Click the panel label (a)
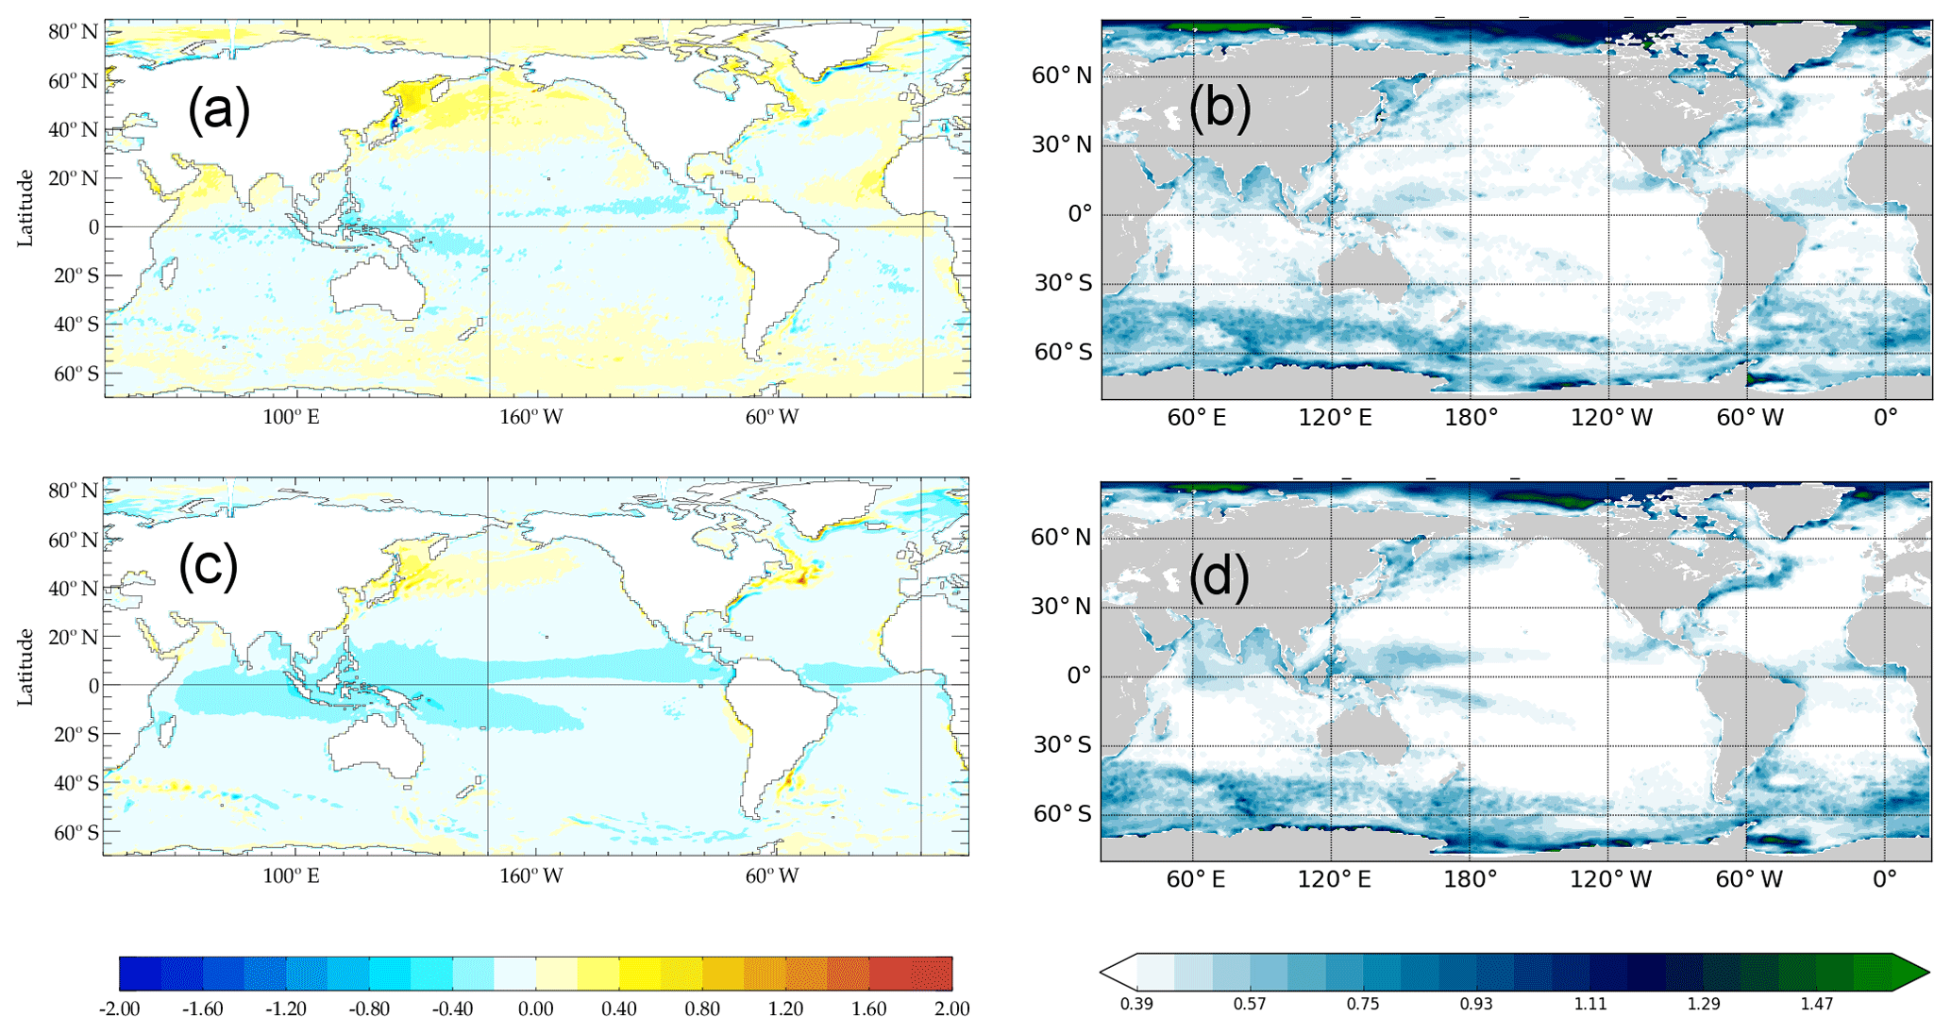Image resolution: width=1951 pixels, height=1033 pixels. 218,109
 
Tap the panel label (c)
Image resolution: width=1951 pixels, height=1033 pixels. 208,566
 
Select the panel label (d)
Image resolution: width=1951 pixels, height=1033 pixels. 1219,577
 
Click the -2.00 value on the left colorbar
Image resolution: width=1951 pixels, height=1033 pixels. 119,1009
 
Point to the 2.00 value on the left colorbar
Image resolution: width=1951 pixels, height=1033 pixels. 951,1009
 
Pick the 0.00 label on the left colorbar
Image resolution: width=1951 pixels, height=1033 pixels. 535,1009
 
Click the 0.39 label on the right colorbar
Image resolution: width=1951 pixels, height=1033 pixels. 1136,1004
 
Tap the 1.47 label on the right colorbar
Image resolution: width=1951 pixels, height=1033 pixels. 1816,1004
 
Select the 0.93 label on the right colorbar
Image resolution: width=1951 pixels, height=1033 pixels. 1476,1004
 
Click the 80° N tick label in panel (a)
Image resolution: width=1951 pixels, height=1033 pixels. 73,32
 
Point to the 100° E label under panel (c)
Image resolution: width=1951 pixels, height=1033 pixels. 291,876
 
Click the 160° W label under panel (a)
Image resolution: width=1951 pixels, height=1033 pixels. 531,417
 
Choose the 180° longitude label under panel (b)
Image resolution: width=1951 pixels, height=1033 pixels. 1471,418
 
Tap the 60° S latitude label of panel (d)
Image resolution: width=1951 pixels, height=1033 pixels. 1063,814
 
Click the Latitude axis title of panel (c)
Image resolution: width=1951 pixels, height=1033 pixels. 25,667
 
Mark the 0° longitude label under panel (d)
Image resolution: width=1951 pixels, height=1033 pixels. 1884,879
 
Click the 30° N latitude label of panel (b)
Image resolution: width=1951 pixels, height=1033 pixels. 1062,145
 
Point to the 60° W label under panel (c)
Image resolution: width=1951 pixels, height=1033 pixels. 772,876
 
